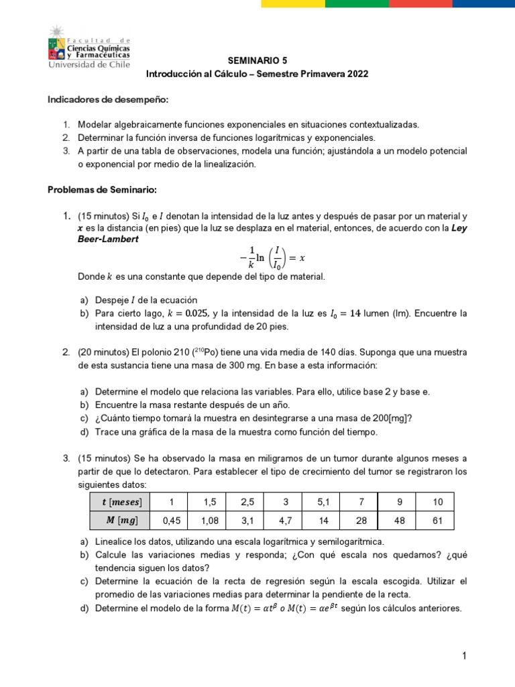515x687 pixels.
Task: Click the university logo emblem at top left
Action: [x=56, y=42]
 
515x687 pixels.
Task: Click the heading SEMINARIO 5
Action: [x=257, y=60]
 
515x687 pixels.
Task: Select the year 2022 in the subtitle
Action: [x=357, y=74]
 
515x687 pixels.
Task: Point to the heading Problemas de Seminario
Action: [x=101, y=190]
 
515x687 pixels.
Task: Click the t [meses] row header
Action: [x=120, y=502]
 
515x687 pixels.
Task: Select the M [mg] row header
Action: [x=120, y=521]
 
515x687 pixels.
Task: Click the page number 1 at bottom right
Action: [x=463, y=655]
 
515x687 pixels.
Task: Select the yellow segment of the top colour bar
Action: [x=293, y=3]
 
